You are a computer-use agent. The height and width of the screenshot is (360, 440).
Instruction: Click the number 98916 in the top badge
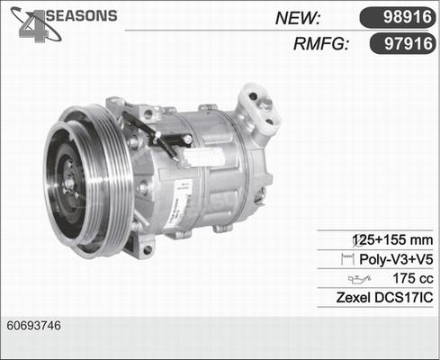[x=400, y=16]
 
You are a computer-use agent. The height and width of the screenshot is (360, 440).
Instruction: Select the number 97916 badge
[x=400, y=43]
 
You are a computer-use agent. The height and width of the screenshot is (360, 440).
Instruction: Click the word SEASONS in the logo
[x=81, y=16]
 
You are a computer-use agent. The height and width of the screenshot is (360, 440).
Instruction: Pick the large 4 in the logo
[x=32, y=25]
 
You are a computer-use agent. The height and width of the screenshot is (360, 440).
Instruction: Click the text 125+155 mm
[x=397, y=240]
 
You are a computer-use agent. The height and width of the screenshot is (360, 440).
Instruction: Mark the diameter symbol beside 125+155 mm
[x=357, y=240]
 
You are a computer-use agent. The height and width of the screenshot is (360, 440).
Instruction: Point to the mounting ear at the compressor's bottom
[x=141, y=245]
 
